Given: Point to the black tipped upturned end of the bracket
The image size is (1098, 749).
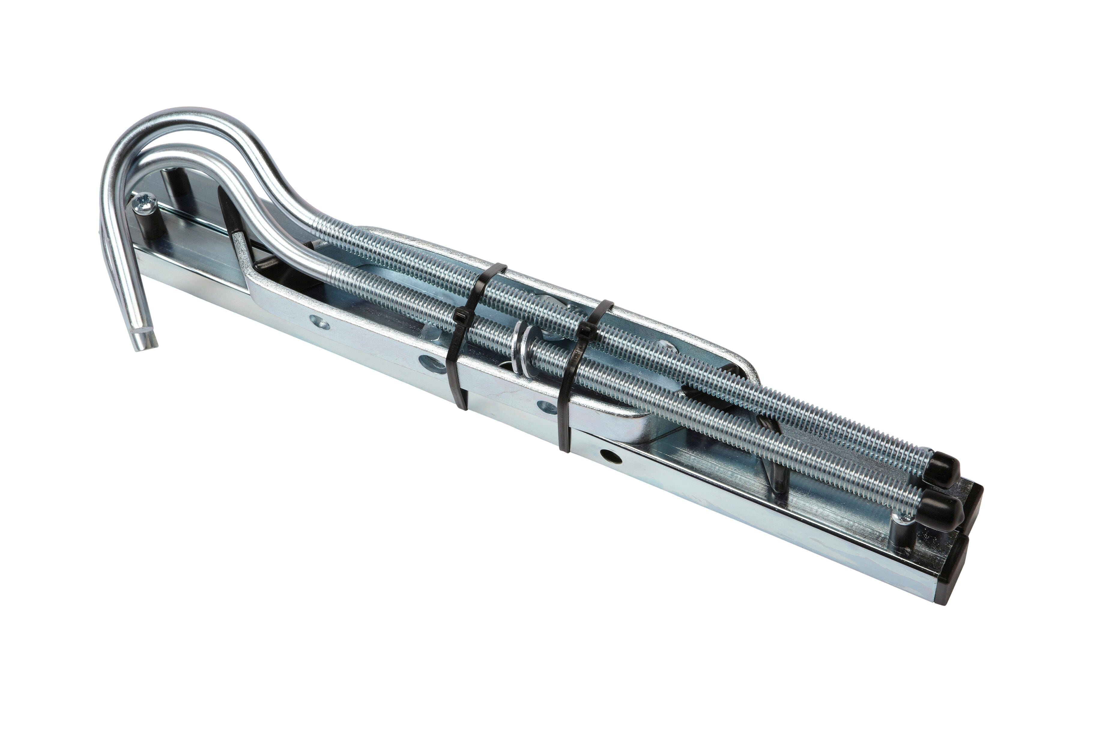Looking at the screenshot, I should click(x=226, y=208).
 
